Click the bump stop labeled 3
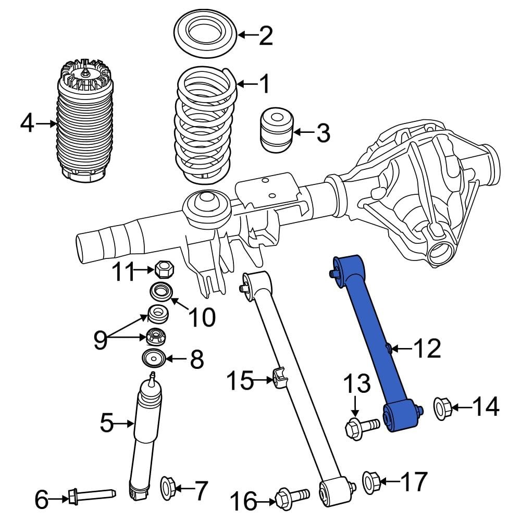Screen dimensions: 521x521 [x=276, y=130]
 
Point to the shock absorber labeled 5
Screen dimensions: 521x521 [x=145, y=438]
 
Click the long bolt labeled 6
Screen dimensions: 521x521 [x=91, y=494]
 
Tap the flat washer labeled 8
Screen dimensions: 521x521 [x=154, y=359]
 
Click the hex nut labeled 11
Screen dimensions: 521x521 [x=164, y=270]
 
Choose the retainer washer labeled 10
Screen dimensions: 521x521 [x=160, y=292]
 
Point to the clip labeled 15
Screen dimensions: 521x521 [x=280, y=378]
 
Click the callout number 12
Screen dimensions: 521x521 [x=427, y=349]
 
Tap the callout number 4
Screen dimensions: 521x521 [x=28, y=123]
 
